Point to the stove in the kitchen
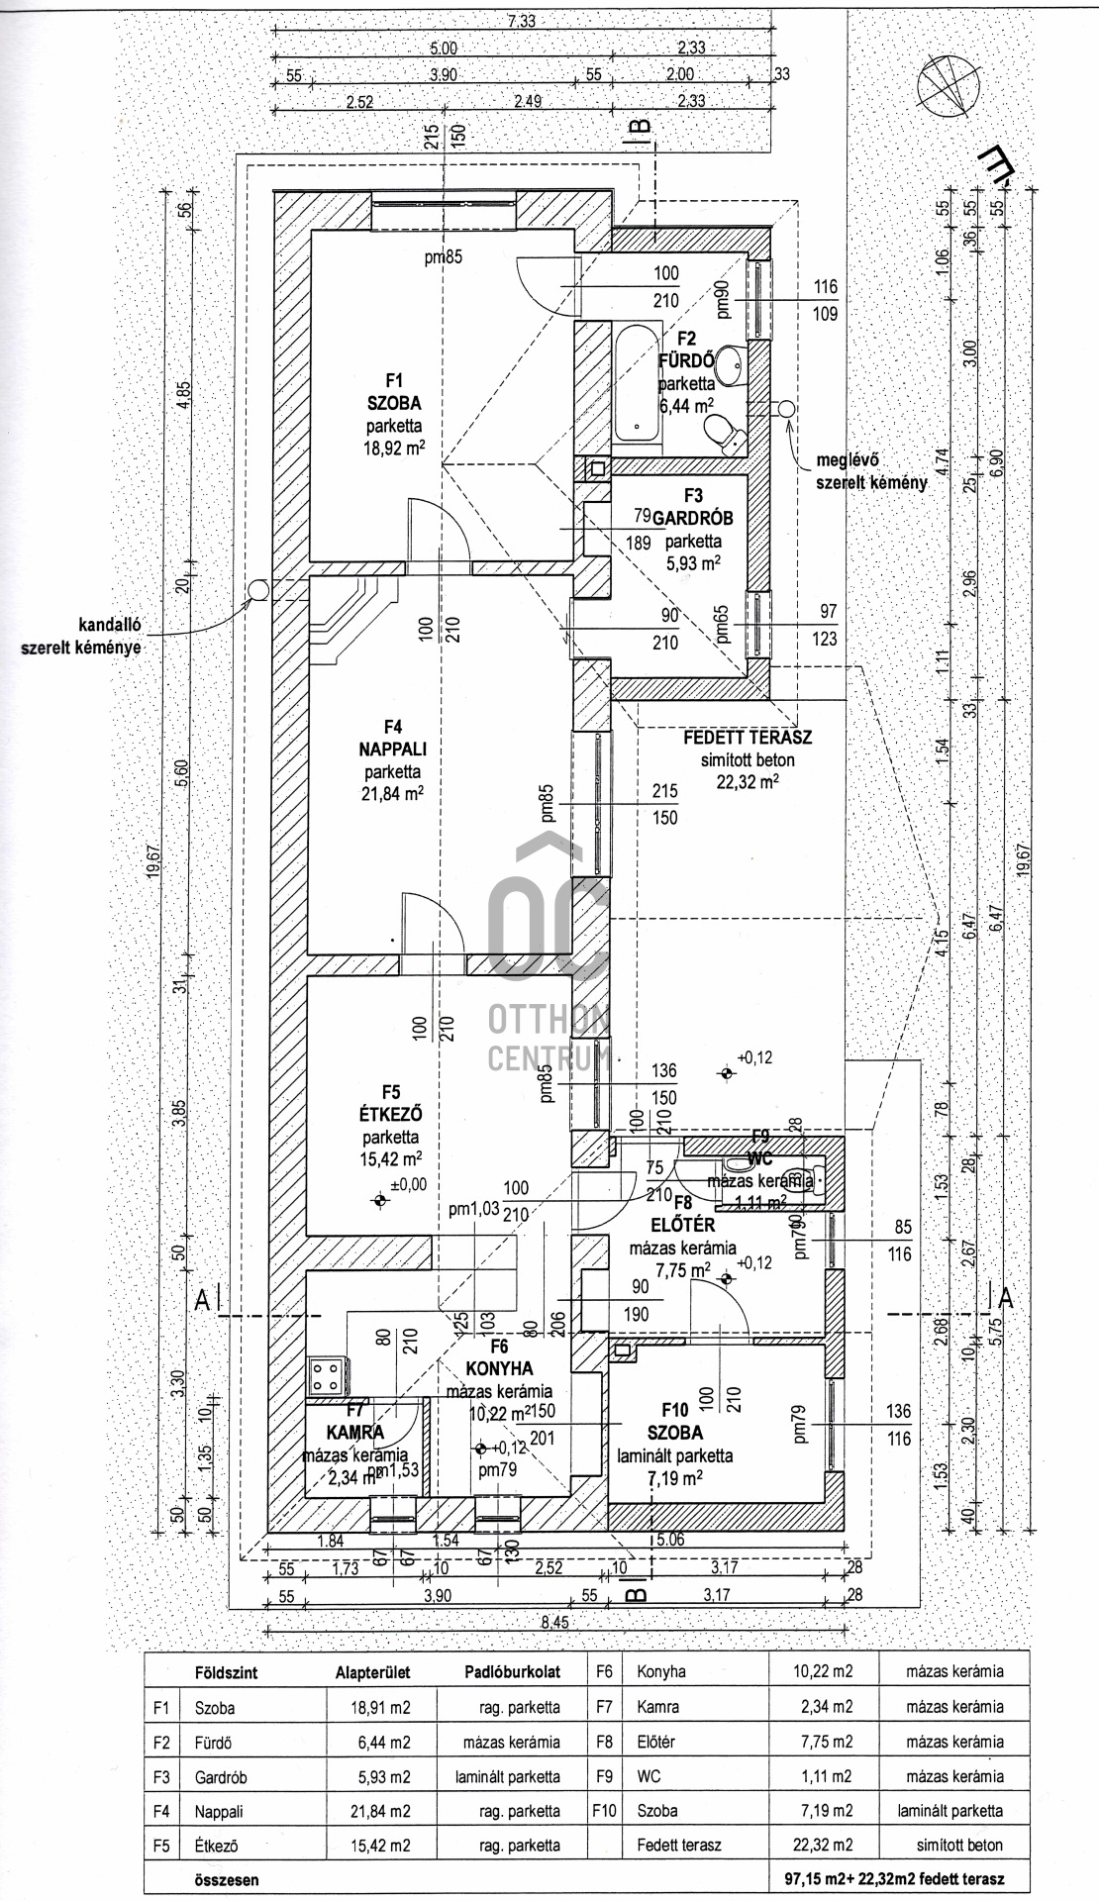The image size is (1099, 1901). (327, 1375)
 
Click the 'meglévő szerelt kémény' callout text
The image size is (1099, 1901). (871, 472)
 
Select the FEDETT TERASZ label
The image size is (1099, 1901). (748, 738)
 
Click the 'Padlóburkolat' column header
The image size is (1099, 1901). (511, 1671)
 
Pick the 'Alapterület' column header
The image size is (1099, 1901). (372, 1671)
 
